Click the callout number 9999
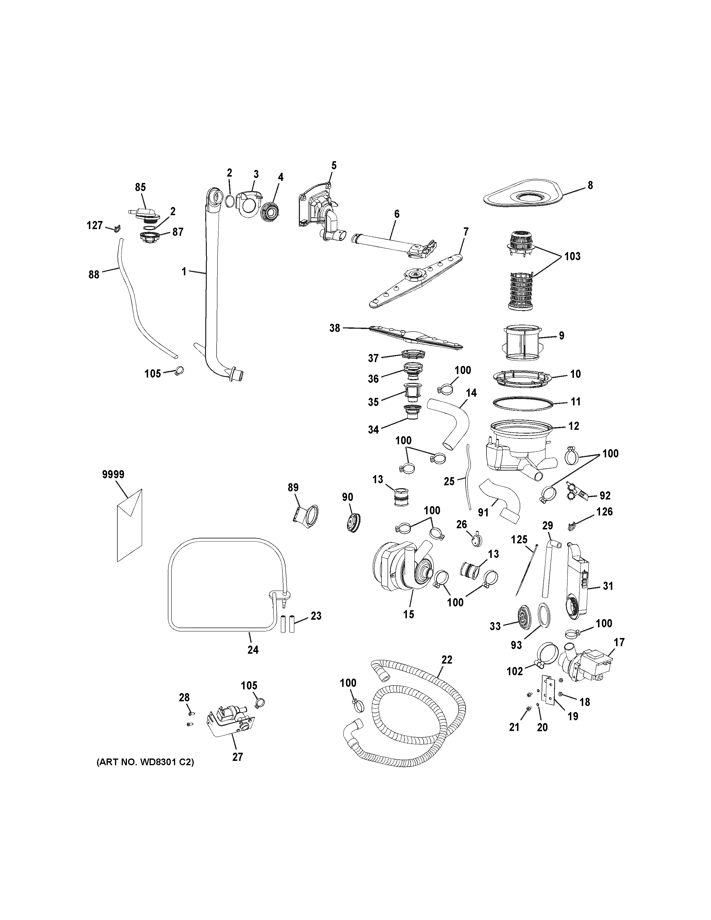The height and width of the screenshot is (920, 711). click(x=113, y=474)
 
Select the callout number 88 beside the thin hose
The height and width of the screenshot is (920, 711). click(x=94, y=275)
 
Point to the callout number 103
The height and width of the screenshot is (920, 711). click(x=572, y=256)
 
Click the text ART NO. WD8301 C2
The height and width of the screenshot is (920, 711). click(x=145, y=762)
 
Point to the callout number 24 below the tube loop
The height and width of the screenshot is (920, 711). click(x=253, y=650)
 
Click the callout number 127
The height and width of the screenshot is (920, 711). click(x=95, y=225)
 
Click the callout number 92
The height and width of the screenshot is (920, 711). click(x=605, y=495)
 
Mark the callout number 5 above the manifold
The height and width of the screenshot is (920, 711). click(x=334, y=165)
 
